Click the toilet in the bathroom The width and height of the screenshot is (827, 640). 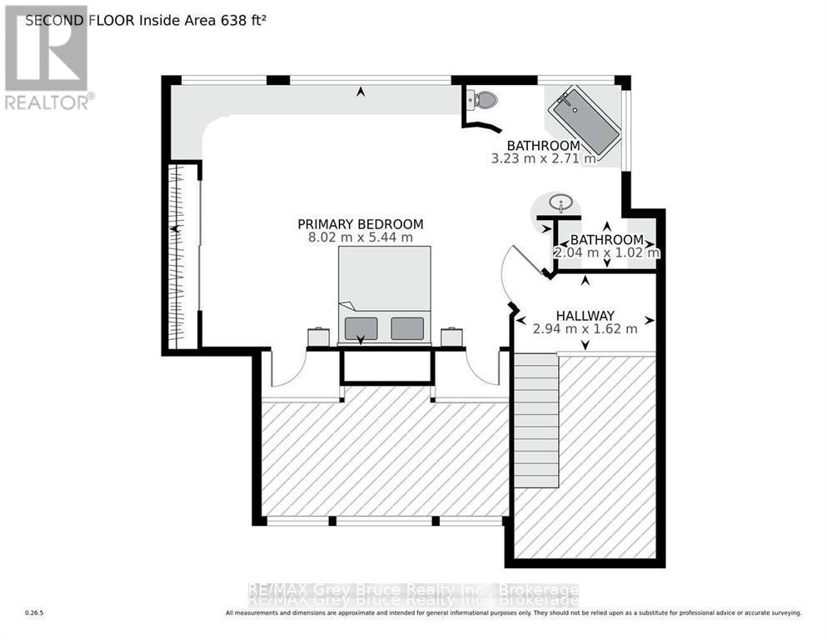coord(482,101)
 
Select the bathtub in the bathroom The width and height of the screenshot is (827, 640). coord(583,125)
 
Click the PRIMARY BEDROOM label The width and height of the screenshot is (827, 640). coord(361,224)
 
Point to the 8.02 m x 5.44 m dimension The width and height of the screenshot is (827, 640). coord(361,237)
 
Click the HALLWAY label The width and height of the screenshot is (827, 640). coord(585,315)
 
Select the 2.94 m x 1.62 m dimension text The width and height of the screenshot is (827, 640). coord(585,328)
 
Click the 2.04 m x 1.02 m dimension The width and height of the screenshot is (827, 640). coord(607,252)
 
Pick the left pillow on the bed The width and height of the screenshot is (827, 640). coord(361,327)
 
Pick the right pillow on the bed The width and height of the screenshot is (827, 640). coord(406,327)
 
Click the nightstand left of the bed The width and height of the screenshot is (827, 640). coord(319,337)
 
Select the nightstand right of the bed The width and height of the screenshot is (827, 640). coord(451,337)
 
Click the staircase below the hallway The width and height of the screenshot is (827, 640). coord(535,421)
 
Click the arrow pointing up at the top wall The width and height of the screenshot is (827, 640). coord(361,92)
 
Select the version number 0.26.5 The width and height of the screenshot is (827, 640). coord(34,613)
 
